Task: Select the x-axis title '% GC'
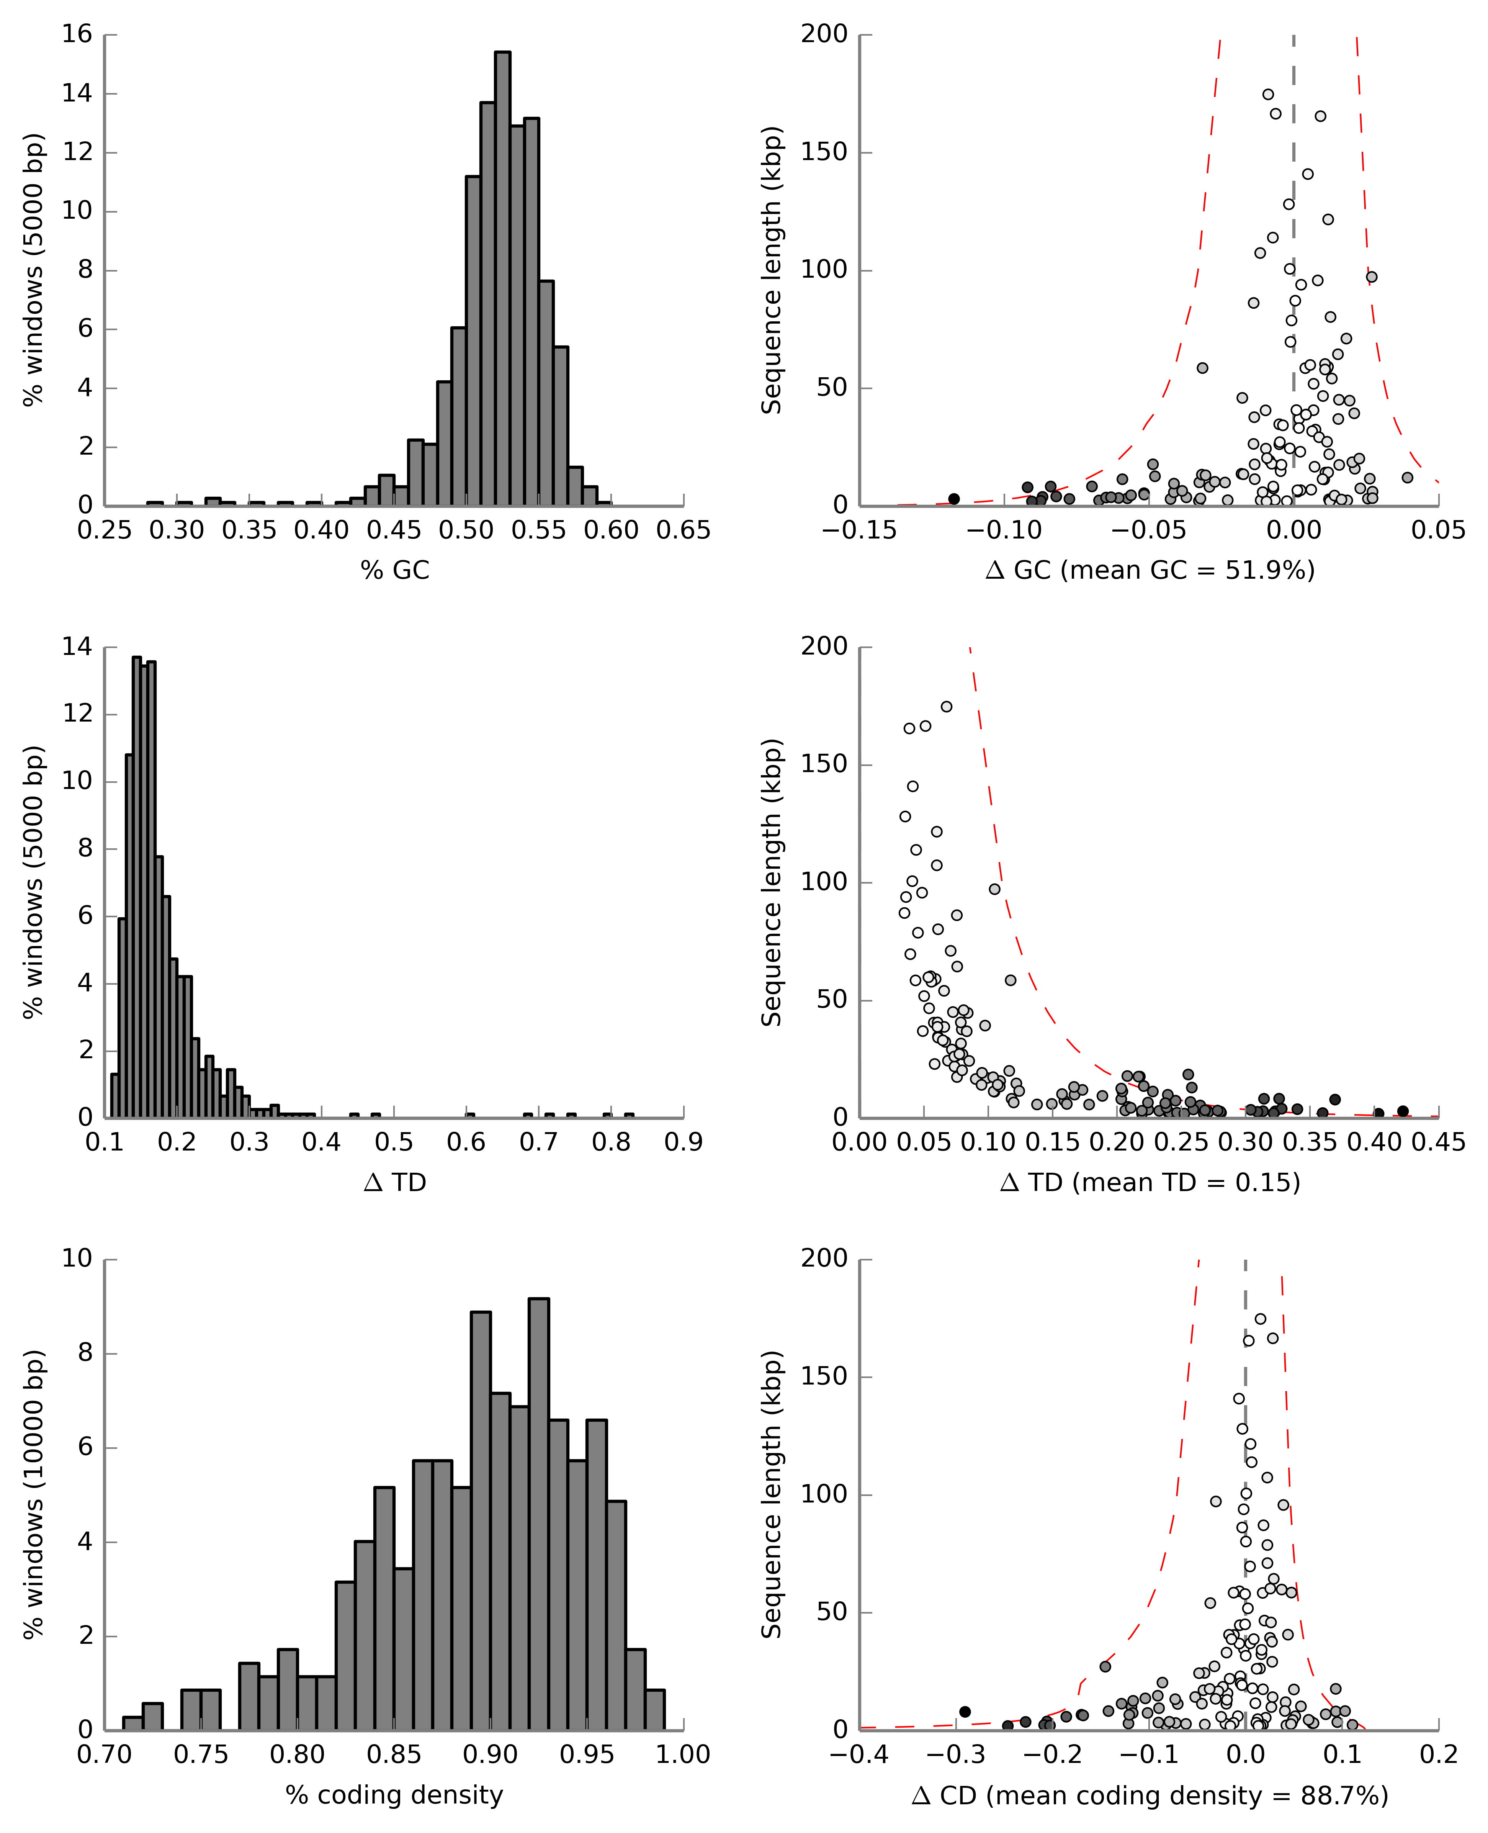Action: tap(394, 570)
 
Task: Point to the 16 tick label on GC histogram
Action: tap(77, 34)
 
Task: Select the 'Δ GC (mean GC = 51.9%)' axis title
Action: tap(1150, 570)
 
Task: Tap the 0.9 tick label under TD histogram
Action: tap(683, 1143)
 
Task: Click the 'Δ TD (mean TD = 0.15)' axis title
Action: tap(1150, 1182)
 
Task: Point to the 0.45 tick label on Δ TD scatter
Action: tap(1438, 1143)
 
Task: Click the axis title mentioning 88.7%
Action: tap(1150, 1795)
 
